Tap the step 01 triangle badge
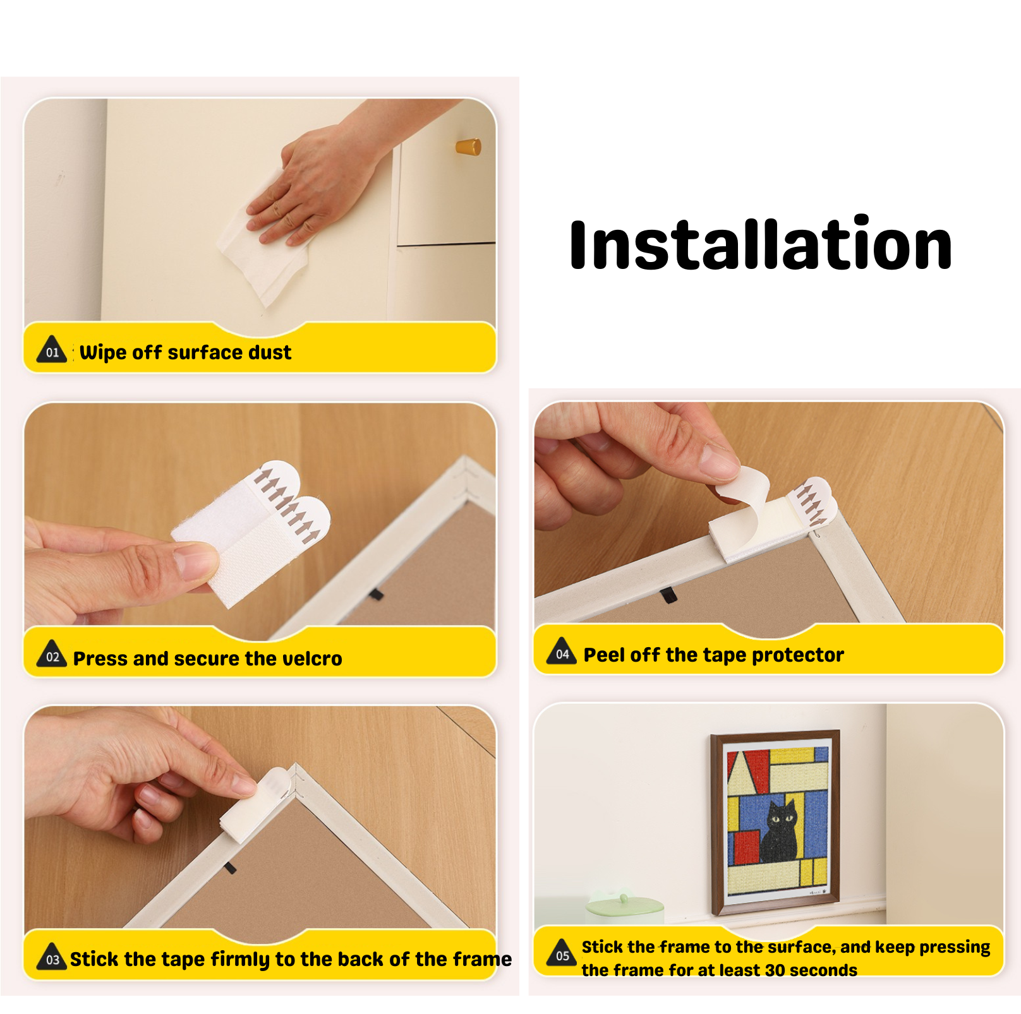pyautogui.click(x=52, y=349)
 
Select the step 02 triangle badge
pyautogui.click(x=52, y=653)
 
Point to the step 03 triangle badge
pyautogui.click(x=52, y=957)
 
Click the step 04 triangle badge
pyautogui.click(x=562, y=651)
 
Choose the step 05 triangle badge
pyautogui.click(x=562, y=953)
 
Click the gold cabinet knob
pyautogui.click(x=469, y=147)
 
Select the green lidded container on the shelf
pyautogui.click(x=624, y=909)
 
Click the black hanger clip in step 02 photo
pyautogui.click(x=376, y=594)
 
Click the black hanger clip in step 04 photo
pyautogui.click(x=668, y=595)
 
